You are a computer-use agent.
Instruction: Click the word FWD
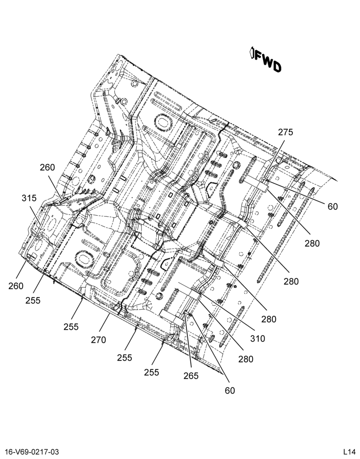268,62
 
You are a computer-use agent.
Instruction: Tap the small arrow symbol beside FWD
252,52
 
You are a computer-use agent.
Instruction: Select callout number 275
285,132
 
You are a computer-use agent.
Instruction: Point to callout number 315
29,198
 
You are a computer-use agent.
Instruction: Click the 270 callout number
98,340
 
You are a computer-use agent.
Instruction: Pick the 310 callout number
258,339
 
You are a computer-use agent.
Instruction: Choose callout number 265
191,375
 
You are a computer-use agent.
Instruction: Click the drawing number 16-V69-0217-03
32,452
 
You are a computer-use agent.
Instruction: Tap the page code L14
349,452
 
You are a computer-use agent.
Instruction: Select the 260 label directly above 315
47,168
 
